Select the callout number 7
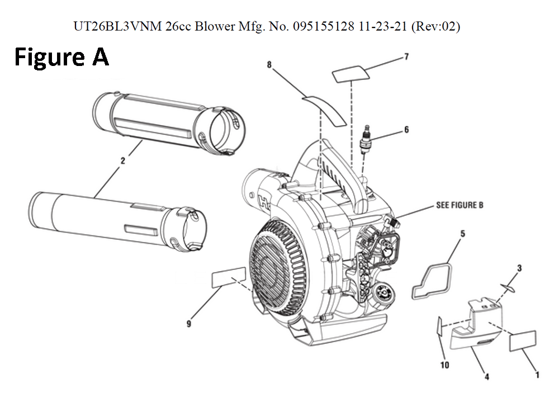[x=406, y=56]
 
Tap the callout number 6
[x=406, y=130]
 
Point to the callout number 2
[x=122, y=160]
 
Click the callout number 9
[x=189, y=324]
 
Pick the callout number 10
[x=445, y=366]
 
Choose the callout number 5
[x=462, y=233]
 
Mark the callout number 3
[x=519, y=268]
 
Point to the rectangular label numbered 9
[x=229, y=277]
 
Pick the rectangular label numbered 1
[x=523, y=340]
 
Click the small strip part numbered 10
[x=439, y=330]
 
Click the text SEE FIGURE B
[x=459, y=205]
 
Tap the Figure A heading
[x=61, y=57]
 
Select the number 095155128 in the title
[x=320, y=27]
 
